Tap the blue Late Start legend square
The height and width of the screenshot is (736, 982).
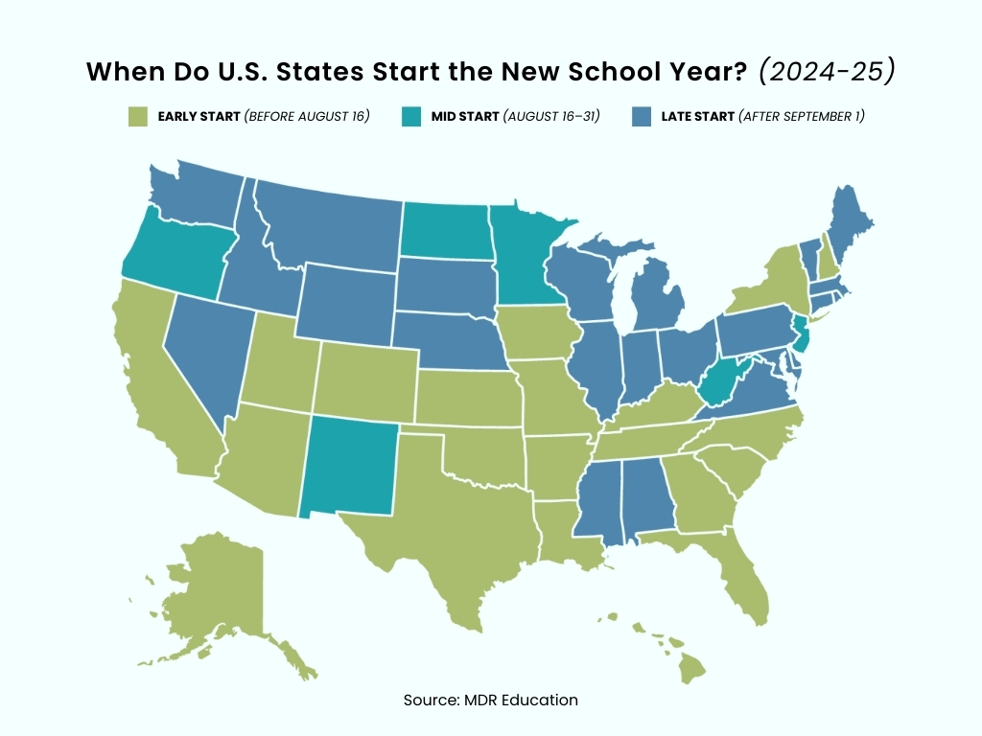[x=642, y=117]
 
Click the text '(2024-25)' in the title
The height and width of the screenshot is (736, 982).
[x=827, y=72]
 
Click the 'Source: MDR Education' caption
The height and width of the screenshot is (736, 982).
[x=490, y=700]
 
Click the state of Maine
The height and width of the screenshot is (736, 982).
[x=849, y=225]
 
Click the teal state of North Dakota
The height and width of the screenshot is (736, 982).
[x=446, y=230]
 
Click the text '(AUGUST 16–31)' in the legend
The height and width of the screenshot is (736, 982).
[x=552, y=117]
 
